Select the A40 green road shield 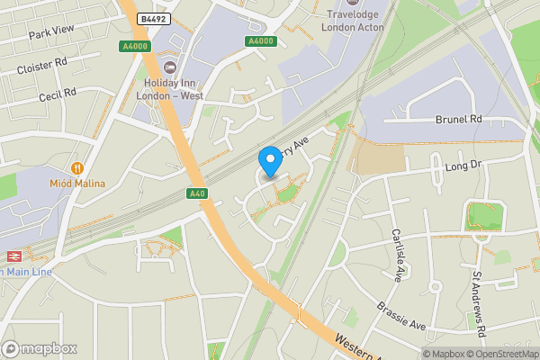[x=198, y=193]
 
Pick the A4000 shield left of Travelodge [x=260, y=40]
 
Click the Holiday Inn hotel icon [x=170, y=68]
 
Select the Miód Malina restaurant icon [x=77, y=167]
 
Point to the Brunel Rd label [x=458, y=119]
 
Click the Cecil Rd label [x=58, y=94]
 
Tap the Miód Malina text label [x=77, y=184]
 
